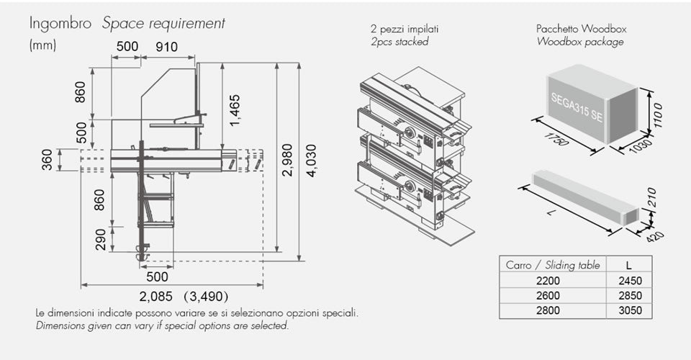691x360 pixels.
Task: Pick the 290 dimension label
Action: click(x=101, y=239)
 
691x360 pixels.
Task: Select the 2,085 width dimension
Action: click(x=158, y=296)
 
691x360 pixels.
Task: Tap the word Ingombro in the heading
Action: click(x=60, y=23)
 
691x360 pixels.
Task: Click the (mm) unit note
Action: click(x=42, y=45)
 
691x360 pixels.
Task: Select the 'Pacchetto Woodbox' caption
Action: click(x=581, y=29)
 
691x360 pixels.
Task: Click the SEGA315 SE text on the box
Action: click(x=576, y=106)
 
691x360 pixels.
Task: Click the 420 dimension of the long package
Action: click(x=654, y=236)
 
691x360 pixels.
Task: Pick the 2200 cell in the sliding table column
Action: click(x=553, y=281)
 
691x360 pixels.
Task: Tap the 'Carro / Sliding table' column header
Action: click(x=553, y=265)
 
